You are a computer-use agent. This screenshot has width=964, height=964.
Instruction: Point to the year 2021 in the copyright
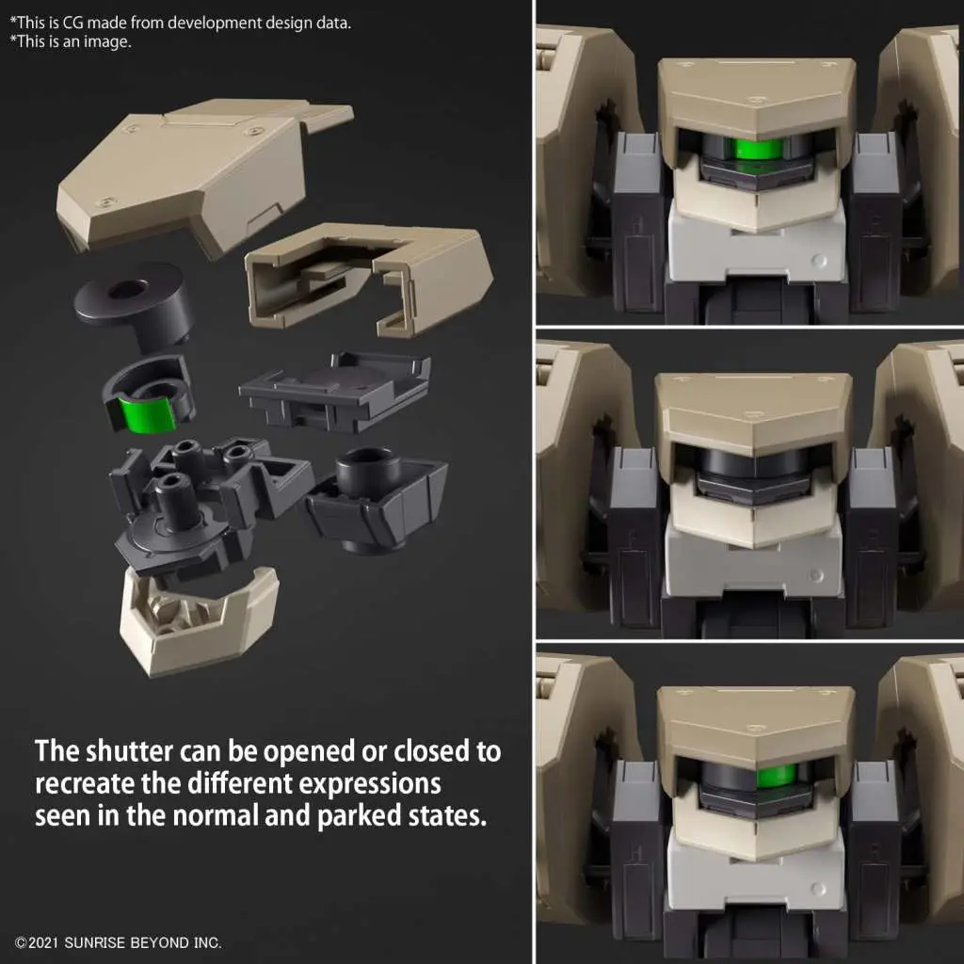(x=42, y=942)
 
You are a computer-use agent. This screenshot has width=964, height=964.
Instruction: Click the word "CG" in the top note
(x=75, y=24)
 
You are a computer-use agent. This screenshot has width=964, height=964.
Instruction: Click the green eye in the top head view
(x=754, y=148)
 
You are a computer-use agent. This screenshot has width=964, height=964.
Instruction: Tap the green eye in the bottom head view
(x=777, y=776)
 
